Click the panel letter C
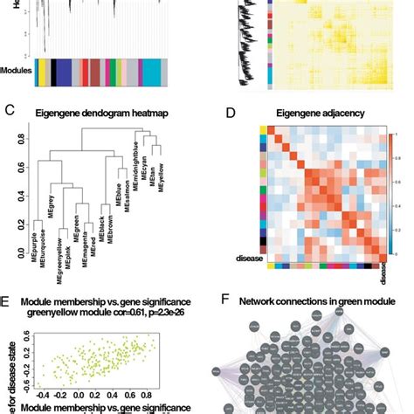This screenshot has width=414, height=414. [x=9, y=111]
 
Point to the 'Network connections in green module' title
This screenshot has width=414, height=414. [x=323, y=301]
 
